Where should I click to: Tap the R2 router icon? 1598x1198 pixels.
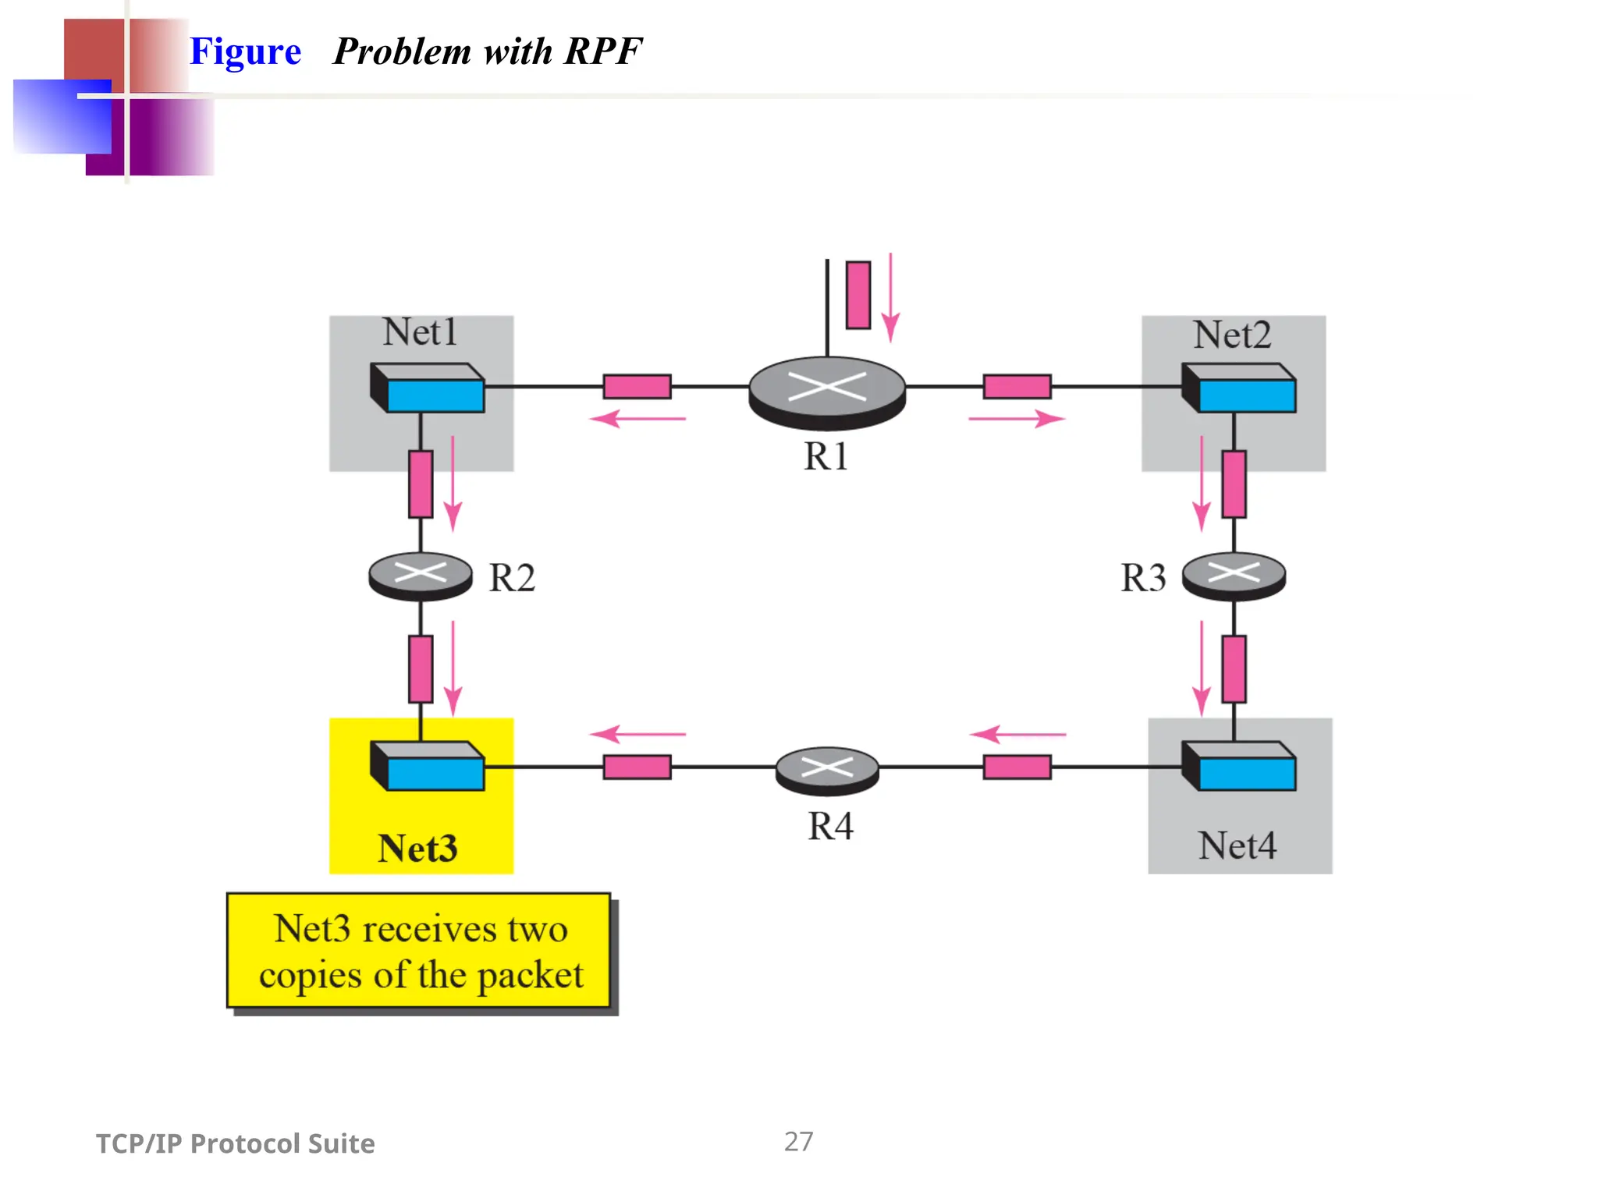420,576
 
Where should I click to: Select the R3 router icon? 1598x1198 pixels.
1233,576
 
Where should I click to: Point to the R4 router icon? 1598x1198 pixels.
827,770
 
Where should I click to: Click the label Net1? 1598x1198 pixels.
419,332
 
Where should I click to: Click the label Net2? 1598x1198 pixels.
1231,335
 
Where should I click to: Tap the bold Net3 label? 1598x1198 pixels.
417,849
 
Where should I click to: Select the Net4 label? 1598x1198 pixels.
1237,845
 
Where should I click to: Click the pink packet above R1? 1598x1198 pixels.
858,295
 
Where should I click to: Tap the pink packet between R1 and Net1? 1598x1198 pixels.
637,386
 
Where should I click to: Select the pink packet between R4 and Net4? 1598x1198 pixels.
1017,767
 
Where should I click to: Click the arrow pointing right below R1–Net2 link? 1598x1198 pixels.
1016,419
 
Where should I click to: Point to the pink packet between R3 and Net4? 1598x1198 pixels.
1234,668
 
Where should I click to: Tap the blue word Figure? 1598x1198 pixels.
245,51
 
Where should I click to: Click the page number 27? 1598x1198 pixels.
798,1142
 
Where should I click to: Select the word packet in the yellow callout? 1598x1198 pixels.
530,976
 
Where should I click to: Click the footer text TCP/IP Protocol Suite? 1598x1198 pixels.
235,1143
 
